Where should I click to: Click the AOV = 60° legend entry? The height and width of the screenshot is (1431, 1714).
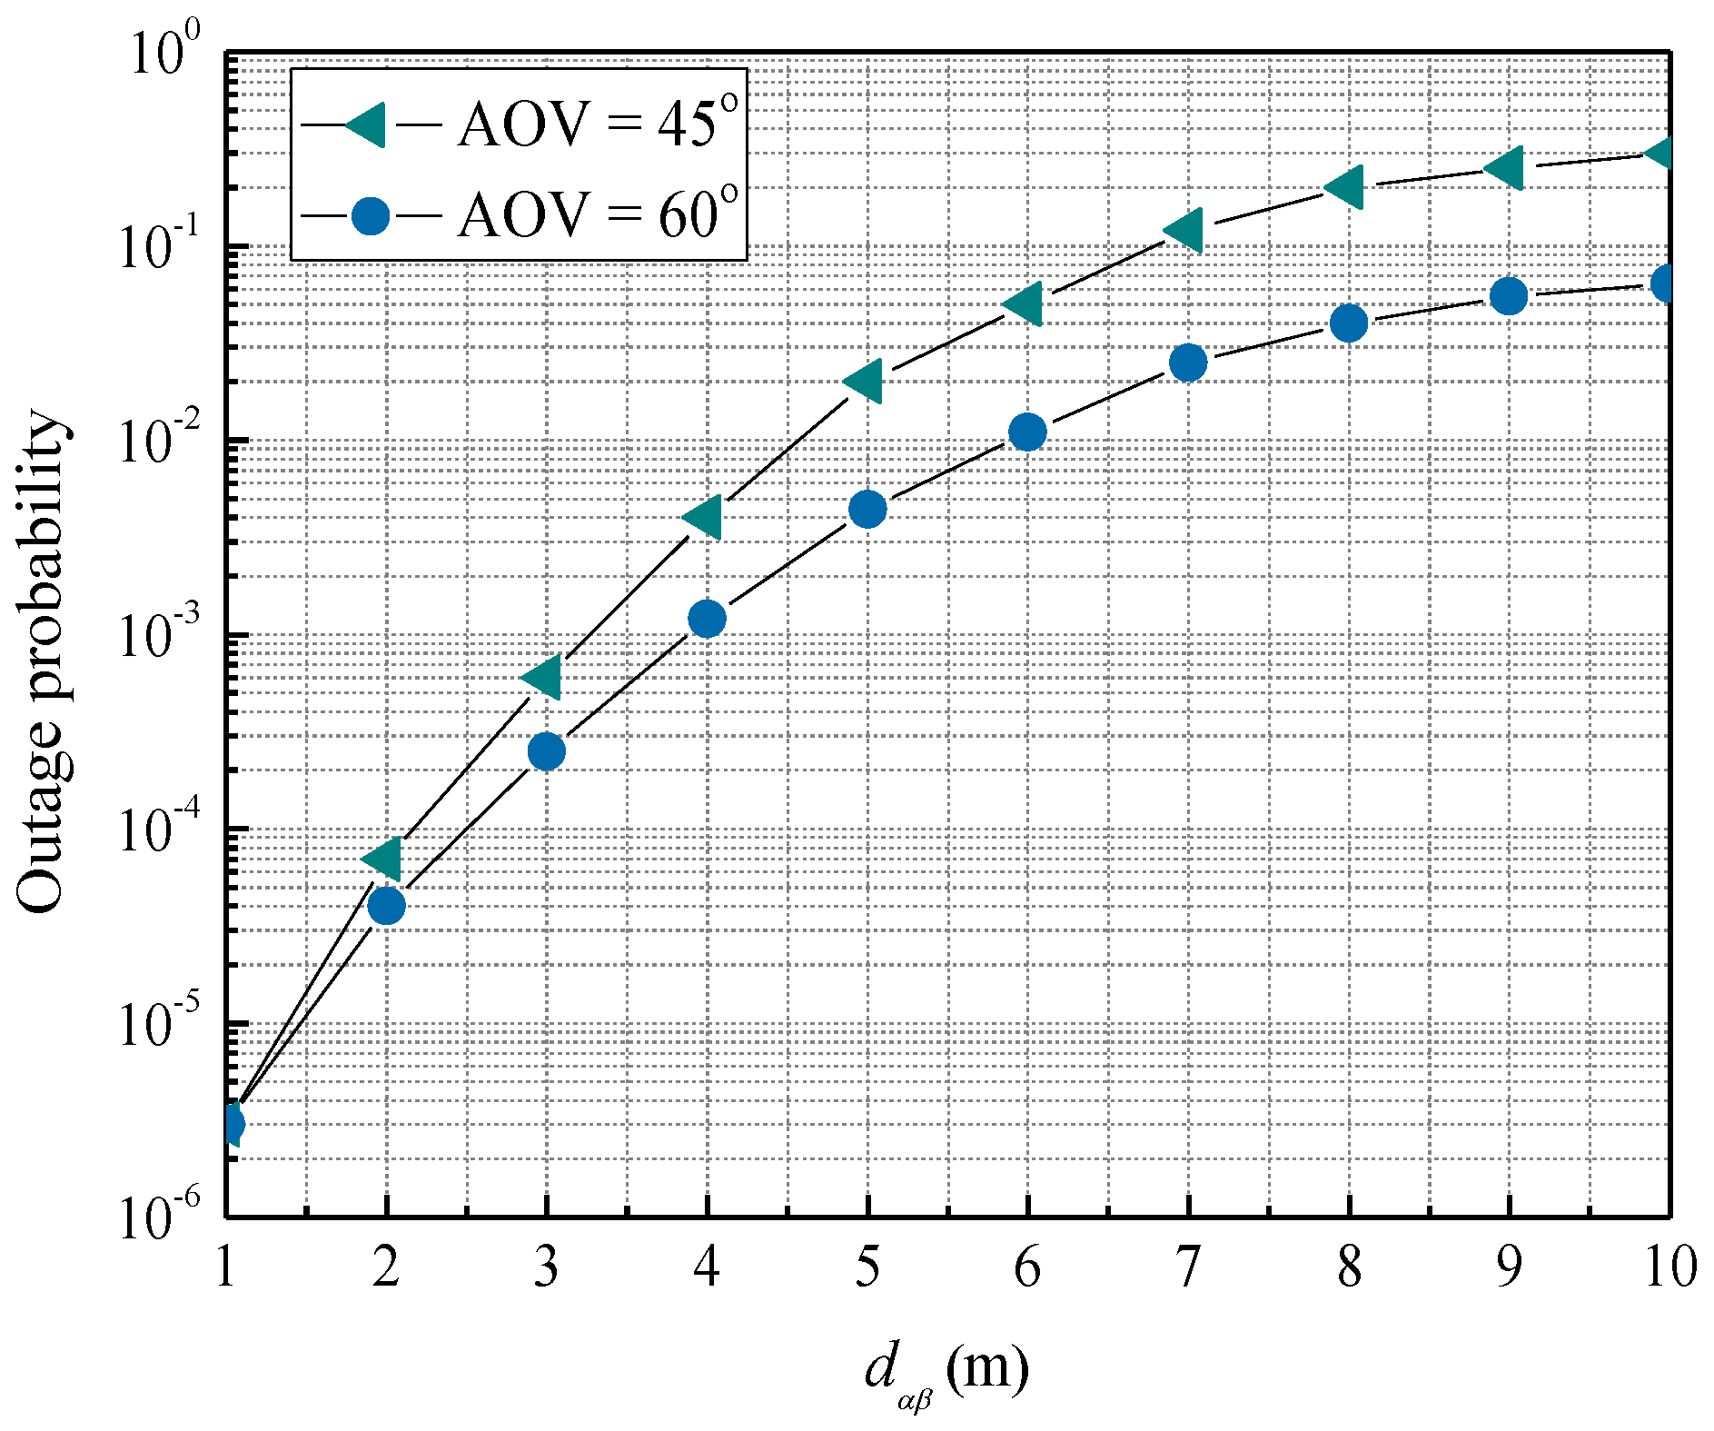point(518,216)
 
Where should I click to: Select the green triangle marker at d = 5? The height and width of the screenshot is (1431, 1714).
point(865,380)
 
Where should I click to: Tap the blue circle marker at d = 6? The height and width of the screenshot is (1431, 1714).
point(1027,432)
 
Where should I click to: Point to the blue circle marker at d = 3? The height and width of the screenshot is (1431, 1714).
point(546,751)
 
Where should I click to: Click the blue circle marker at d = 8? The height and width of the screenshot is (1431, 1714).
point(1349,323)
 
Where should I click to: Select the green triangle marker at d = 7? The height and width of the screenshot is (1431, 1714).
point(1185,229)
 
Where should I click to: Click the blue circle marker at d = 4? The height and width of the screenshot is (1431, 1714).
point(707,620)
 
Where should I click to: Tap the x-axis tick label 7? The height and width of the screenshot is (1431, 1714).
point(1187,1266)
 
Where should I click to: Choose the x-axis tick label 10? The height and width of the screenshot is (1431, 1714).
point(1670,1266)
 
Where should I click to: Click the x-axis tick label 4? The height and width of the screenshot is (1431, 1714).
point(707,1266)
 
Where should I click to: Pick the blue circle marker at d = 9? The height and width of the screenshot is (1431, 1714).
point(1509,295)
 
